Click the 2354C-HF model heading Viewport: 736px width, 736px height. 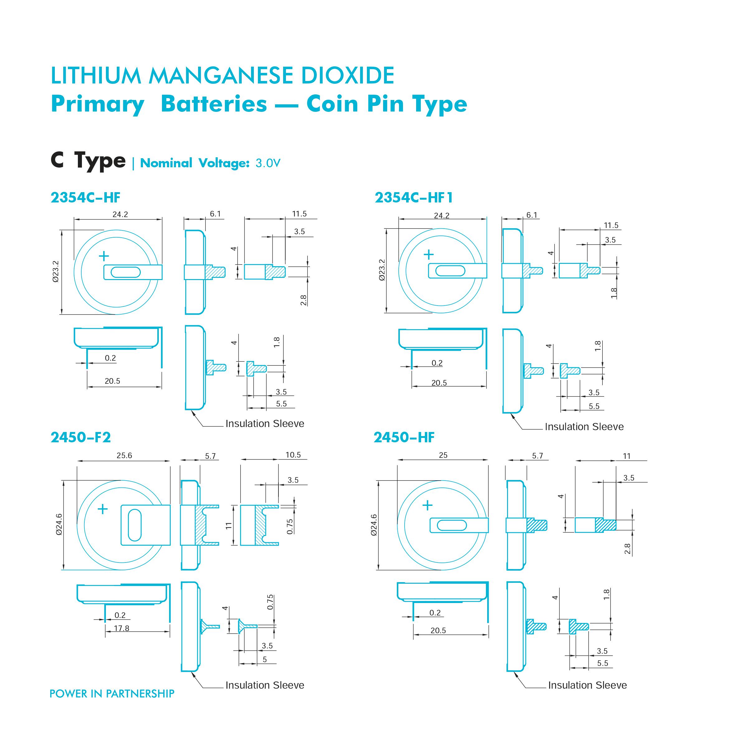(x=85, y=197)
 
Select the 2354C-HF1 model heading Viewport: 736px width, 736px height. (x=414, y=197)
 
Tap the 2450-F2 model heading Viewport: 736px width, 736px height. (x=81, y=437)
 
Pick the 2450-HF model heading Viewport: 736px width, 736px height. (x=404, y=437)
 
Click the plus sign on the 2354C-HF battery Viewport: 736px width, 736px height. (x=104, y=256)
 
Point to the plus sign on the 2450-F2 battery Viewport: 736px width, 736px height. (x=103, y=509)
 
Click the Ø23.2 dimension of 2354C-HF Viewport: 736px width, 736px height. (x=56, y=271)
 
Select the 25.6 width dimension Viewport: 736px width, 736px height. (x=124, y=456)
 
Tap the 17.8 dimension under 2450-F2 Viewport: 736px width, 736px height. (x=121, y=628)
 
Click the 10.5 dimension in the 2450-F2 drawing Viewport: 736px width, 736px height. (x=293, y=455)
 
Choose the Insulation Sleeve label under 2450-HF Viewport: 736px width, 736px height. (x=587, y=685)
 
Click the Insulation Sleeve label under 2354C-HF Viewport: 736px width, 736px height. (x=265, y=424)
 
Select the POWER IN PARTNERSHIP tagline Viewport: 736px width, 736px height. (x=112, y=694)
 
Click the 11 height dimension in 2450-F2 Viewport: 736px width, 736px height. (x=229, y=526)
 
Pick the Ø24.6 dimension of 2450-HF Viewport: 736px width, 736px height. (x=374, y=525)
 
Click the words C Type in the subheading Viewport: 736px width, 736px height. (x=88, y=160)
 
